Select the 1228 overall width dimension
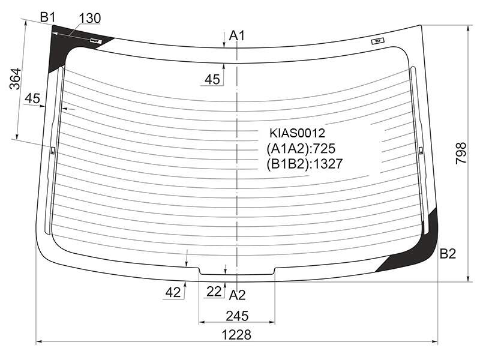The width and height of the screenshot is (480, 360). [236, 335]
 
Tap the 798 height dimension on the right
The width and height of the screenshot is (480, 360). [461, 153]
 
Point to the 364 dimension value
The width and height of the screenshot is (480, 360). [15, 79]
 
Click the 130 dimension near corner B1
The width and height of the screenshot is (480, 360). [89, 19]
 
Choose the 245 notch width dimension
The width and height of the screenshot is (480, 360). [237, 316]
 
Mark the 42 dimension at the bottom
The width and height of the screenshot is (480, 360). [173, 293]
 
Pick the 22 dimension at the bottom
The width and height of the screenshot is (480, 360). [214, 292]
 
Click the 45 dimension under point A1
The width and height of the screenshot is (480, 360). [212, 80]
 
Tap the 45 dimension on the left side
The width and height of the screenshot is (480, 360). [32, 98]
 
